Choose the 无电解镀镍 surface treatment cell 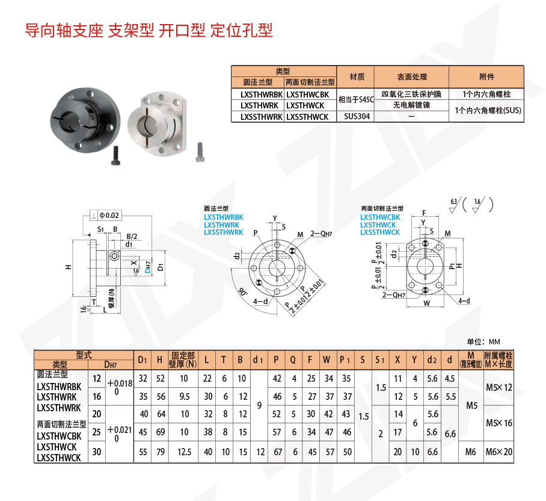[411, 105]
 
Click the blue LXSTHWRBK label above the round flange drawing [224, 217]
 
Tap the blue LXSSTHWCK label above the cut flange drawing [380, 232]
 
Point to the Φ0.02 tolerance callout [109, 215]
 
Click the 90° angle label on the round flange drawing [242, 293]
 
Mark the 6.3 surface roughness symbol [455, 204]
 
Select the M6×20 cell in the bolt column [499, 451]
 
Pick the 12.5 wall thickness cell [184, 451]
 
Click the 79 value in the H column [160, 451]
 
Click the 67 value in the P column [277, 451]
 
